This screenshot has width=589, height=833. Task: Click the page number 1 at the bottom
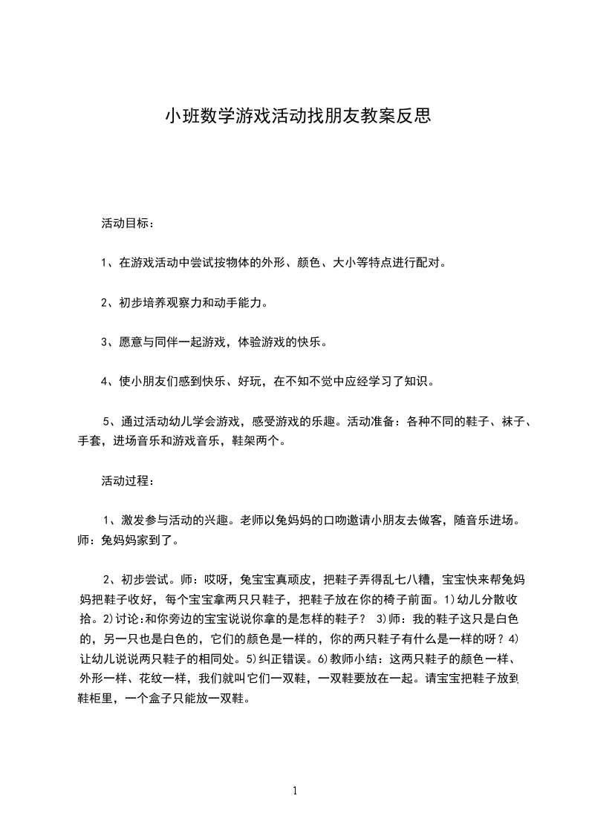pos(295,791)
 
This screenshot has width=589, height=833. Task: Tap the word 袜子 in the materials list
pos(512,422)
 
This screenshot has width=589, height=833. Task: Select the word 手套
pos(91,440)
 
